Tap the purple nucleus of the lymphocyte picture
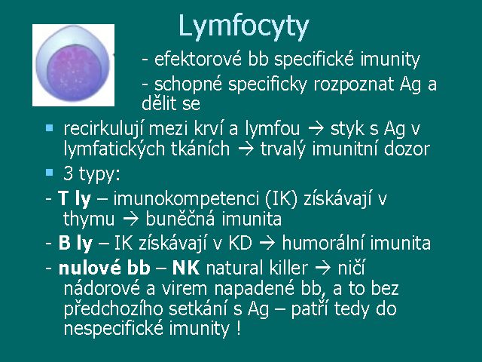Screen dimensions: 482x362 tap(75, 72)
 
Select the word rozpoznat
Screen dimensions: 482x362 tap(353, 84)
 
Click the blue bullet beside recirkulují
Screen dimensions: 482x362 tap(49, 127)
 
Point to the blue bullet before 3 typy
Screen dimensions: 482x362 tap(49, 172)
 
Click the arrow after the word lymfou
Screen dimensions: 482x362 tap(316, 129)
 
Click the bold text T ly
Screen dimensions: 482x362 tap(75, 199)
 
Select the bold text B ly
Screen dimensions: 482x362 tap(75, 243)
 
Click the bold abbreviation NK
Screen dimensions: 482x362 tap(186, 268)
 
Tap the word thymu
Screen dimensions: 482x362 tap(89, 219)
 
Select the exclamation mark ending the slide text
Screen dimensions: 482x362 tap(239, 328)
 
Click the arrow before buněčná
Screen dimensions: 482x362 tap(130, 219)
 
